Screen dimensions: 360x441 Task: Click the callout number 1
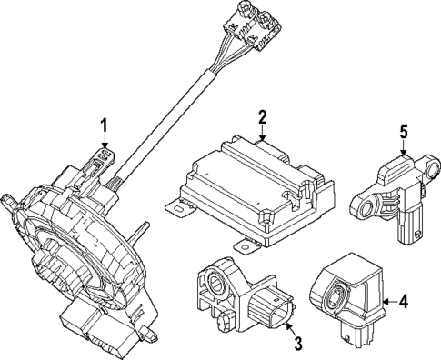[105, 125]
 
